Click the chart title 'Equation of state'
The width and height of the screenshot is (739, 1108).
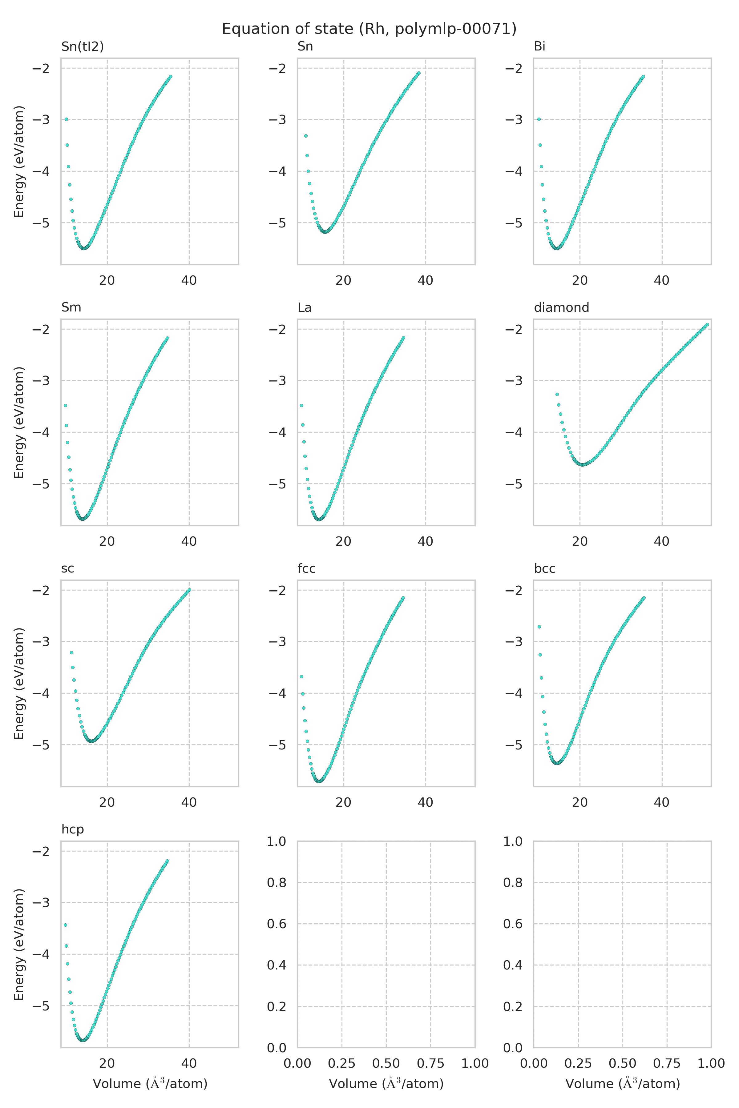click(369, 29)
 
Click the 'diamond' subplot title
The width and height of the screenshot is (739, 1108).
click(561, 307)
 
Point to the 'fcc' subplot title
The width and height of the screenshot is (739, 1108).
click(306, 568)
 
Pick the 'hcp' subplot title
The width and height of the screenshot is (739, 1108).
click(73, 829)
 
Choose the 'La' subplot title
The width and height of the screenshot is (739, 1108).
click(305, 307)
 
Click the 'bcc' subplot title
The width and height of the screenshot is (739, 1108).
click(544, 568)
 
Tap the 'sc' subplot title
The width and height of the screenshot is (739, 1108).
click(67, 568)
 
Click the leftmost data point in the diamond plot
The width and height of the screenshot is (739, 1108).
click(557, 394)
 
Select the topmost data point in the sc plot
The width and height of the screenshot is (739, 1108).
click(189, 590)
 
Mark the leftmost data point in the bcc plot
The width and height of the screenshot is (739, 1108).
click(539, 627)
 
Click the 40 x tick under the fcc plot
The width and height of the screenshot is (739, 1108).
click(425, 802)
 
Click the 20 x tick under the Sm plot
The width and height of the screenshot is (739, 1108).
click(107, 541)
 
